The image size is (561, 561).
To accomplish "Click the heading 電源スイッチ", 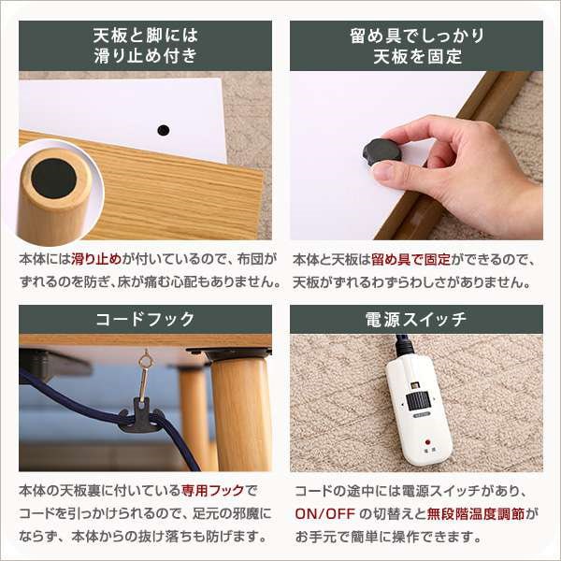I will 416,319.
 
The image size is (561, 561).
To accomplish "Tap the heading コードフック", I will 145,319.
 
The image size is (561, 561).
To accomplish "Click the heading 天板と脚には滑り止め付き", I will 145,46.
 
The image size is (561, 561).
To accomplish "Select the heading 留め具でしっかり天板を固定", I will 416,46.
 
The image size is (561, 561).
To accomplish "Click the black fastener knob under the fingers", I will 381,151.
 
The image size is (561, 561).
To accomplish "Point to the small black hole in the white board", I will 164,130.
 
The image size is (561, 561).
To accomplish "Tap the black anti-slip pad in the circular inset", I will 53,178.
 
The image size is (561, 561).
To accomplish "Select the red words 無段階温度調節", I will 482,513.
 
